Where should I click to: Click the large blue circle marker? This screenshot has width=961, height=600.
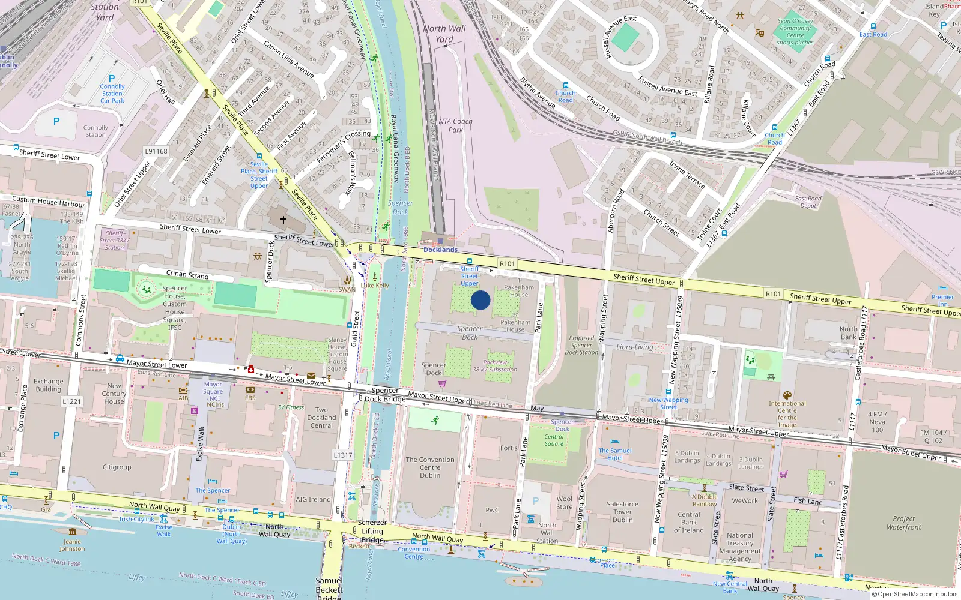(x=480, y=300)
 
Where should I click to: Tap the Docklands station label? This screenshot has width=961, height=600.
(x=440, y=250)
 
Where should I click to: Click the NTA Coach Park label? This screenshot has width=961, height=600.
(x=455, y=125)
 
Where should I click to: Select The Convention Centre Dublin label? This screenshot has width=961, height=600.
(x=430, y=467)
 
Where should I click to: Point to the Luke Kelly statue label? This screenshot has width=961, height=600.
(x=375, y=286)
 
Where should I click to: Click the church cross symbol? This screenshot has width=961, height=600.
(x=283, y=220)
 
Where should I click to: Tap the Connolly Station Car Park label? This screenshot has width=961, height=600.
(x=112, y=94)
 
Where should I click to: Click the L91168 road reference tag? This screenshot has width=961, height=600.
(x=156, y=151)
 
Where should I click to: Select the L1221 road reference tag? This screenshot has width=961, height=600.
(x=71, y=401)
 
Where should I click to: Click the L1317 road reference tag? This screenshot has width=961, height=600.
(x=343, y=455)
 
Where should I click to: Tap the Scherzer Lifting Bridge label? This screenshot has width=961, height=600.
(x=372, y=531)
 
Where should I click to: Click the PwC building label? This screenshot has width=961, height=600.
(x=492, y=510)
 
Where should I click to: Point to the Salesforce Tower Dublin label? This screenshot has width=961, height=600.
(x=622, y=512)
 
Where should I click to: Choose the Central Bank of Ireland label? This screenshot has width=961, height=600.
(x=688, y=522)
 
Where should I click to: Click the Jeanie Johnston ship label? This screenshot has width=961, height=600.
(x=72, y=545)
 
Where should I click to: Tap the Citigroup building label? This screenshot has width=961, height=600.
(x=117, y=467)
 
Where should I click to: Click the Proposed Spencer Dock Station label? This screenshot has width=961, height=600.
(x=581, y=345)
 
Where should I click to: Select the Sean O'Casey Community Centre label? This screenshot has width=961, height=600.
(x=795, y=32)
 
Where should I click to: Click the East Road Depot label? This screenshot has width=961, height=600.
(x=808, y=202)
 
